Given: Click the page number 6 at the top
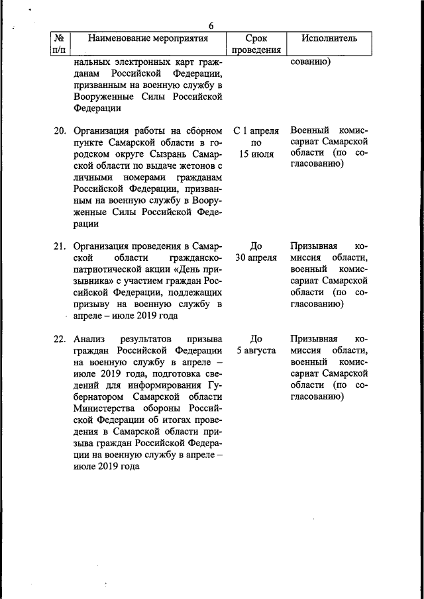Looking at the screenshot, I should pos(211,26).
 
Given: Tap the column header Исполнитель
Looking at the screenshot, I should pos(329,38).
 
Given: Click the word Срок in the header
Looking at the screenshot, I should pos(256,38).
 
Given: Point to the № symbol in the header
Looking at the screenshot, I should pos(59,38).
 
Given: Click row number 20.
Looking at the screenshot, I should pos(61,130).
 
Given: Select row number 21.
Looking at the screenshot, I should pos(61,246).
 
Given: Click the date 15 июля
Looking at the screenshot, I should pos(256,154).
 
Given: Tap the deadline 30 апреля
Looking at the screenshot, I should pos(256,258).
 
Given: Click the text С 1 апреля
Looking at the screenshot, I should pos(256,130).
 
